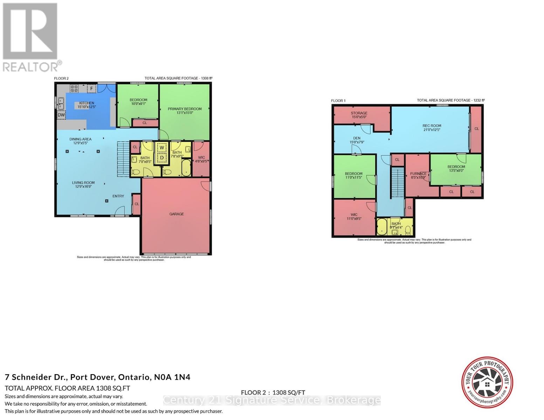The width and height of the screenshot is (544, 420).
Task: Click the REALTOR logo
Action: (x=30, y=37)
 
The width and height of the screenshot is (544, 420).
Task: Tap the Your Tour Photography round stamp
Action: (x=487, y=383)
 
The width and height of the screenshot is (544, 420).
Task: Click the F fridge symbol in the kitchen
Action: (x=91, y=89)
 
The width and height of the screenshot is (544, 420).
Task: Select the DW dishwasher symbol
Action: (x=61, y=115)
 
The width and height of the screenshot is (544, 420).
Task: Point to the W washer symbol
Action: (x=162, y=148)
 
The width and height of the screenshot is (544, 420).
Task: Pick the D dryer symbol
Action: (x=162, y=158)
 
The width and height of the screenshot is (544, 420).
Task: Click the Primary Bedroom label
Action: (x=185, y=109)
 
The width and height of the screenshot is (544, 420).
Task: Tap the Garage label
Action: (x=177, y=214)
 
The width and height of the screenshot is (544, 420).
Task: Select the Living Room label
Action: (x=83, y=182)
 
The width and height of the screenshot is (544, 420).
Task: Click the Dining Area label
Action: (x=80, y=139)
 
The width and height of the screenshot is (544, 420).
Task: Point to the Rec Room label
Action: (x=432, y=126)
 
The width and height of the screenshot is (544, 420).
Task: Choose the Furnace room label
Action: (x=418, y=174)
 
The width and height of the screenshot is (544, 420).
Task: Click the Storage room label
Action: (x=359, y=113)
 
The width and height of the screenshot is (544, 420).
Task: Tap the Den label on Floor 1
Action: (x=357, y=138)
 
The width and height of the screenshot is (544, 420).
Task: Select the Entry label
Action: (x=118, y=196)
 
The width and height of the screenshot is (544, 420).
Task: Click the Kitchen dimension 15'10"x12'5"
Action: (x=87, y=107)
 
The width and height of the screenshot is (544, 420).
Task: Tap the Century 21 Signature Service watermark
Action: (x=272, y=400)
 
